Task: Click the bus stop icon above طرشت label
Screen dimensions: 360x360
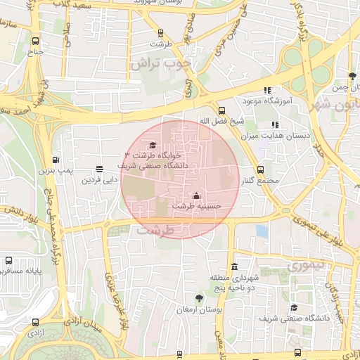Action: [x=161, y=32]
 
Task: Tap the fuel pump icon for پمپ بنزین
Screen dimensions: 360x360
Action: [x=56, y=160]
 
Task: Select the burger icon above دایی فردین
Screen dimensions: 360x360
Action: [x=98, y=169]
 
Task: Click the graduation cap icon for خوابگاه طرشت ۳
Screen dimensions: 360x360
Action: [x=153, y=145]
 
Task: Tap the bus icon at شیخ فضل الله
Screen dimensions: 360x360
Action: [x=221, y=110]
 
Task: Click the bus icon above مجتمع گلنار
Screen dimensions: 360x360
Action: [x=261, y=169]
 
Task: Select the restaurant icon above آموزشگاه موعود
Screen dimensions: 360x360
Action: [x=266, y=90]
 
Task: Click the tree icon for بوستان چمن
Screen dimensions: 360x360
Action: [x=352, y=76]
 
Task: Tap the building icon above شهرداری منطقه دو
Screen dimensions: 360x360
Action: [x=234, y=267]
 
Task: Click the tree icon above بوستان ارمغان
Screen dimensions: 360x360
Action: [x=198, y=299]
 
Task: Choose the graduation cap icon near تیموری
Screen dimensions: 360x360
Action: [x=294, y=307]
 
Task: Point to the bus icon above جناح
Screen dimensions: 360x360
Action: [x=35, y=41]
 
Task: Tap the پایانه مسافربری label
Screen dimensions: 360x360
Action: [x=21, y=270]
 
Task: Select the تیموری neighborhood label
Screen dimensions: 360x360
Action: [x=303, y=266]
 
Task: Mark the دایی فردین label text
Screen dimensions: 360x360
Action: [x=98, y=180]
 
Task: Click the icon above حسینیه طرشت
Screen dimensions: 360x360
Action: [x=196, y=196]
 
